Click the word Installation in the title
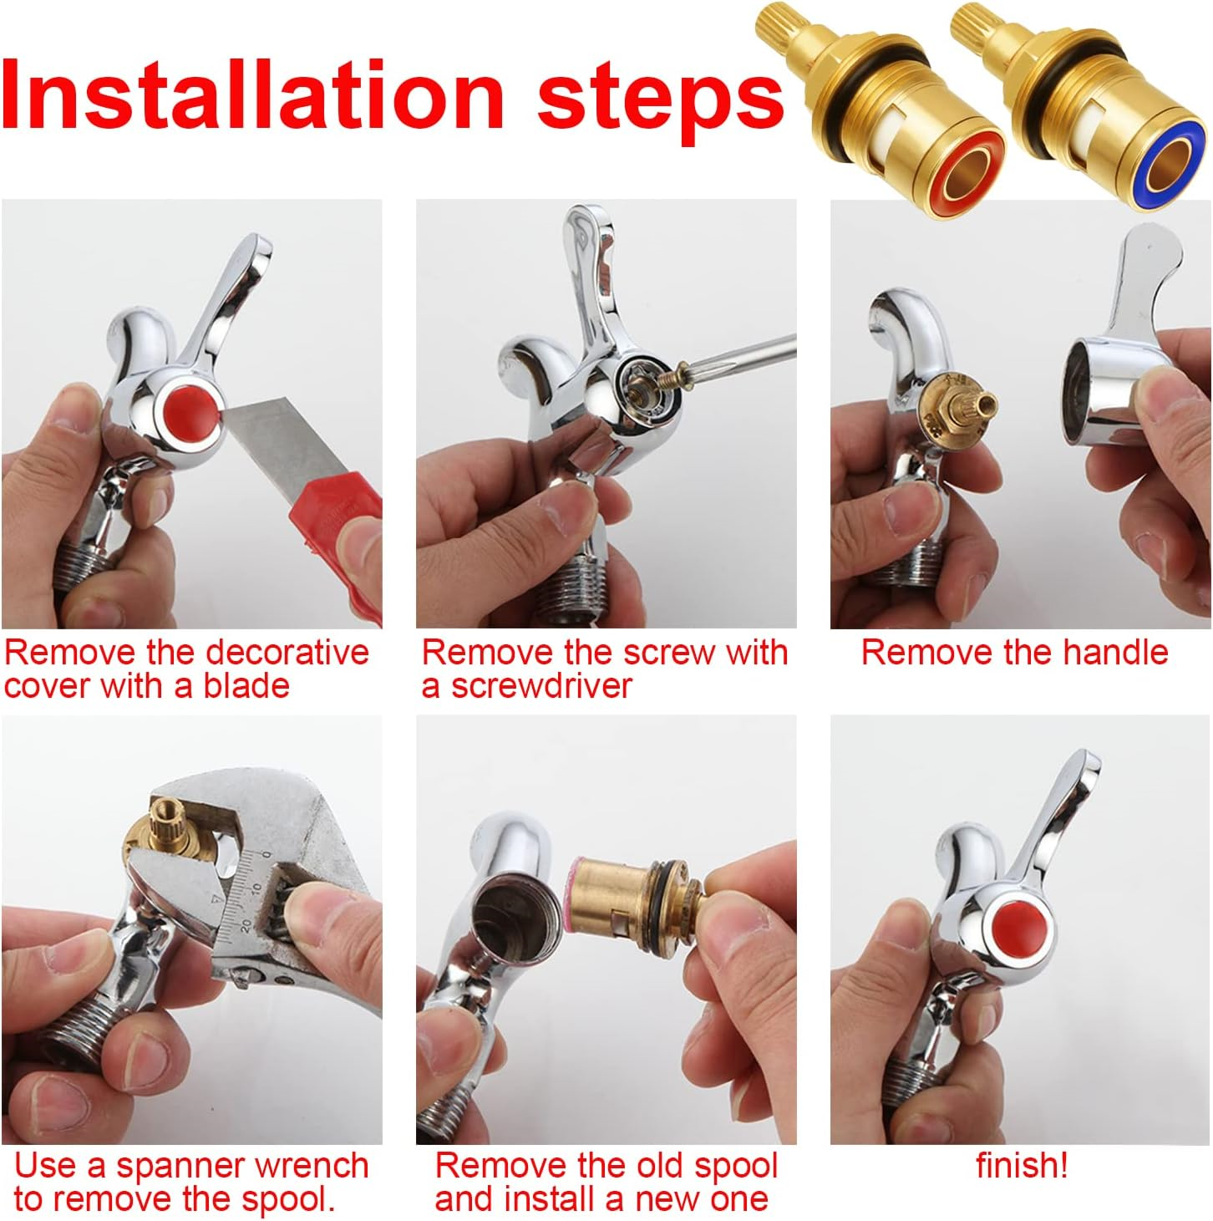(x=252, y=95)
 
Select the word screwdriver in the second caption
(x=541, y=685)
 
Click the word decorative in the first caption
(x=287, y=652)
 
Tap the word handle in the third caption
(x=1114, y=652)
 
